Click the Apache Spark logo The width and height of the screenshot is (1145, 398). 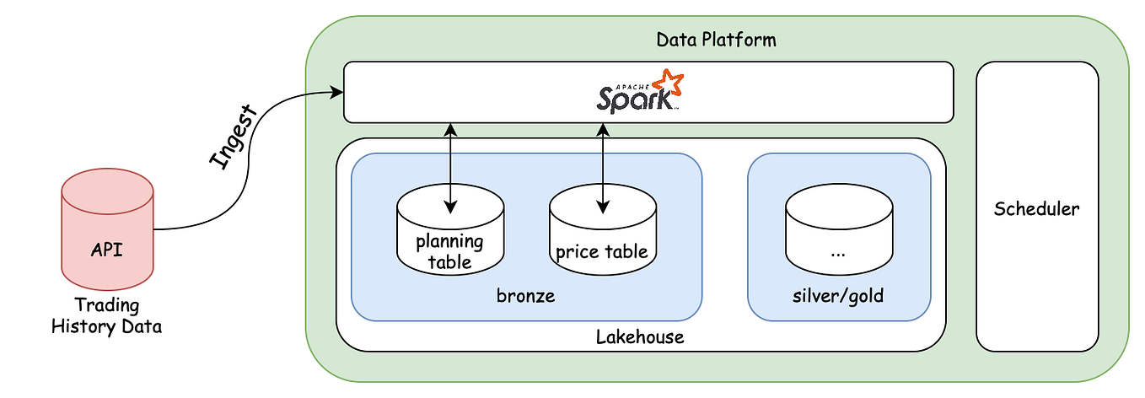click(x=639, y=91)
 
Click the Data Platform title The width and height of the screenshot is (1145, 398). click(x=716, y=40)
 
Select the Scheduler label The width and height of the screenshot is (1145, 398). click(x=1036, y=208)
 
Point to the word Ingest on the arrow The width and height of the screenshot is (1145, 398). click(x=233, y=137)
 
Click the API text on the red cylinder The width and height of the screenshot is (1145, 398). click(x=107, y=250)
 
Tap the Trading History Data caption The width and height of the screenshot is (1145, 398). click(x=107, y=315)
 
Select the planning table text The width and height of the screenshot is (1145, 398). click(x=450, y=251)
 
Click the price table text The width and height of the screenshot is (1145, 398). click(x=602, y=251)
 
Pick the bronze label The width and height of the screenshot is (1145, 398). click(x=526, y=295)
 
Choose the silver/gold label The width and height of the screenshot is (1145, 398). click(x=838, y=296)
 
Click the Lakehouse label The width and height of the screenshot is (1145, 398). click(x=640, y=336)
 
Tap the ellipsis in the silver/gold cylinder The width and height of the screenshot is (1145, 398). click(x=838, y=254)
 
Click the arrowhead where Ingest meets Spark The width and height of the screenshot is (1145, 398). click(x=337, y=93)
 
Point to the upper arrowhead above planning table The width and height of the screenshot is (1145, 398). click(x=450, y=130)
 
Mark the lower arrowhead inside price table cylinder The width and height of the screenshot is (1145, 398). click(x=603, y=207)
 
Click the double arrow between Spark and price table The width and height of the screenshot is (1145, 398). click(x=603, y=169)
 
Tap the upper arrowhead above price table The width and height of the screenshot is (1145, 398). click(x=603, y=130)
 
